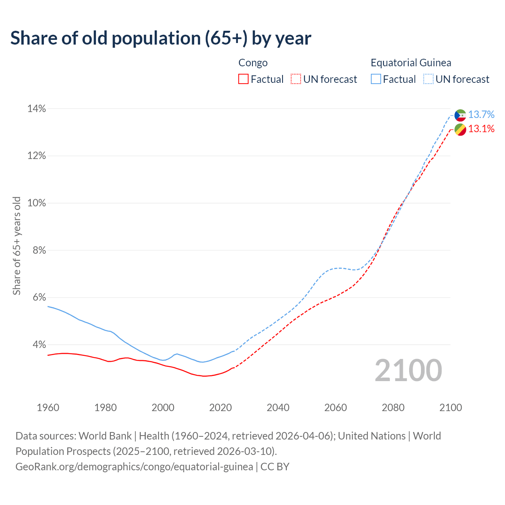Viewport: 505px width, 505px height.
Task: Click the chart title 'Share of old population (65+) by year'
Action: tap(161, 38)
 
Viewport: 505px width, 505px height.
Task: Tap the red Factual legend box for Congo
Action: tap(243, 79)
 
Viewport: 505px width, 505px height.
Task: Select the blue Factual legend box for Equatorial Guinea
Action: tap(376, 79)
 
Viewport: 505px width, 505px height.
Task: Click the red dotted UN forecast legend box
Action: tap(296, 79)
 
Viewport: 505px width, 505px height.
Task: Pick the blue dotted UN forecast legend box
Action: tap(428, 79)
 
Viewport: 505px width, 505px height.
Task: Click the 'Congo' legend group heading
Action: tap(253, 63)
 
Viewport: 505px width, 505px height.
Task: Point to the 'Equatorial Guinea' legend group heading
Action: tap(411, 63)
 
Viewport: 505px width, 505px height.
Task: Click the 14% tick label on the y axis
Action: tap(37, 108)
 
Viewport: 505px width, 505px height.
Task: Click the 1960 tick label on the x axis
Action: tap(48, 408)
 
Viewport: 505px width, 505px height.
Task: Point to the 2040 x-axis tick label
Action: tap(278, 408)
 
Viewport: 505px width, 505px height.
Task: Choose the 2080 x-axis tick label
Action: tap(393, 408)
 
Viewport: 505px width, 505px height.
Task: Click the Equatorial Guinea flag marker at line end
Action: tap(460, 115)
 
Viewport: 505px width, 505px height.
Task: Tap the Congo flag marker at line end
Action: tap(460, 129)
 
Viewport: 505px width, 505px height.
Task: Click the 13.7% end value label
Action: tap(481, 115)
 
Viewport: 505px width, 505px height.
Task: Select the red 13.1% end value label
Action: tap(481, 129)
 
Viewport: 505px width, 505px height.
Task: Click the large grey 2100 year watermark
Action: tap(408, 370)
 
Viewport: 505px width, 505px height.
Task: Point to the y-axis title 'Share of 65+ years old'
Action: tap(17, 246)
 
